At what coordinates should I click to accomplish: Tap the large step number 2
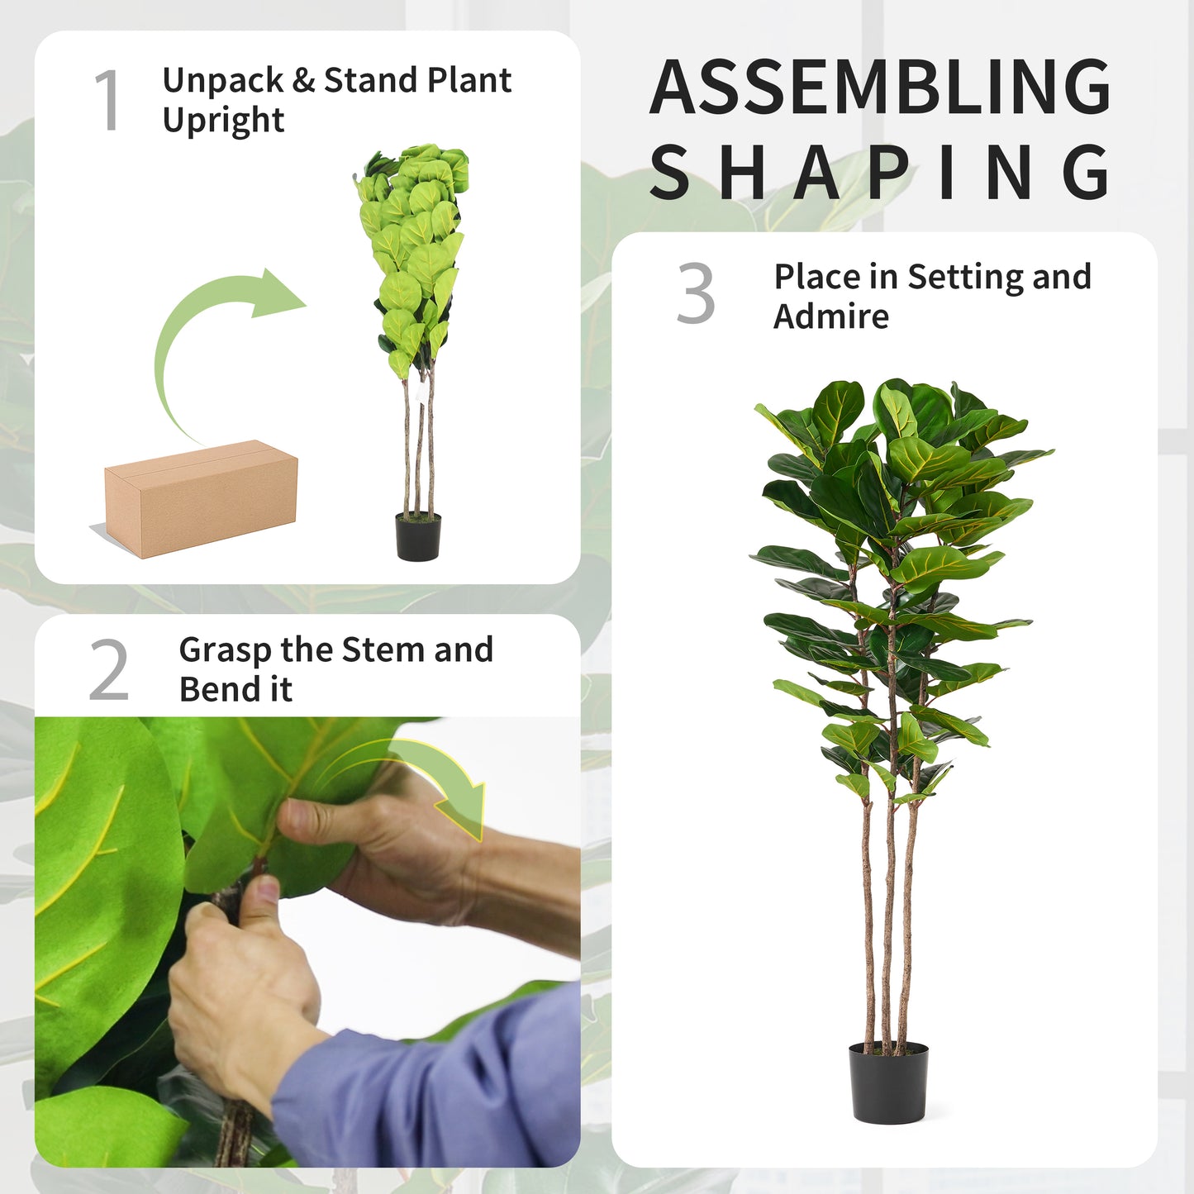click(109, 670)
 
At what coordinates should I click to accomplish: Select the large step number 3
click(695, 293)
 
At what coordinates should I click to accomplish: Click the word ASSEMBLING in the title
click(880, 87)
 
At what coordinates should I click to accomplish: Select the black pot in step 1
click(418, 536)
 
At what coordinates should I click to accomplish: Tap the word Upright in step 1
click(223, 120)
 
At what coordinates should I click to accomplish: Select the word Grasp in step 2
click(226, 650)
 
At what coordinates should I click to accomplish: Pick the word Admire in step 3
click(831, 316)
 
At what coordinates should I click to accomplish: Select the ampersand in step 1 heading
click(303, 81)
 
